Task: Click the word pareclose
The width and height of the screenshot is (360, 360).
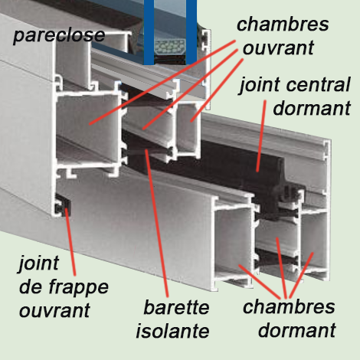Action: coord(59,35)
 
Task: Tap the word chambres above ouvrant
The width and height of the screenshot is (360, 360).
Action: coord(283,25)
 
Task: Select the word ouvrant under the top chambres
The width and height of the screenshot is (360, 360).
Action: coord(278,48)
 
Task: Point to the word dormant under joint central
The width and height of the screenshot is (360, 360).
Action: coord(312,108)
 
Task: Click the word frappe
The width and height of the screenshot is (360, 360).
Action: coord(78,289)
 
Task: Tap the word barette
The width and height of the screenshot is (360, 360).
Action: coord(176,307)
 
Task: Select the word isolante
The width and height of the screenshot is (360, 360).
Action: coord(172,331)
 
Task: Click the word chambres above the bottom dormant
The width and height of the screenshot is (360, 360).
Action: coord(289,306)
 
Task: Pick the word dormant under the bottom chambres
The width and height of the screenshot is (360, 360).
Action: coord(297,330)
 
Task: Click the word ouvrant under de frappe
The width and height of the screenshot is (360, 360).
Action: coord(54,310)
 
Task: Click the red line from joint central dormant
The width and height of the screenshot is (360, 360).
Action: coord(261,136)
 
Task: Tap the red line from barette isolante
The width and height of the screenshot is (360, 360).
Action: coord(156,224)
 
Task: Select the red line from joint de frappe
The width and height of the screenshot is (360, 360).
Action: coord(70,242)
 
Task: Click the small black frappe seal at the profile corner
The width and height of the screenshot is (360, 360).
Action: coord(64,206)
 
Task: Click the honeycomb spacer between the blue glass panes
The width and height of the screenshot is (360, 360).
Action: coord(170,47)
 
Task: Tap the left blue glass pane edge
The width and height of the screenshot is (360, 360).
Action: coord(149,32)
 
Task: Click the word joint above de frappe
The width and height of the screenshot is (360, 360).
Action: coord(38,263)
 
